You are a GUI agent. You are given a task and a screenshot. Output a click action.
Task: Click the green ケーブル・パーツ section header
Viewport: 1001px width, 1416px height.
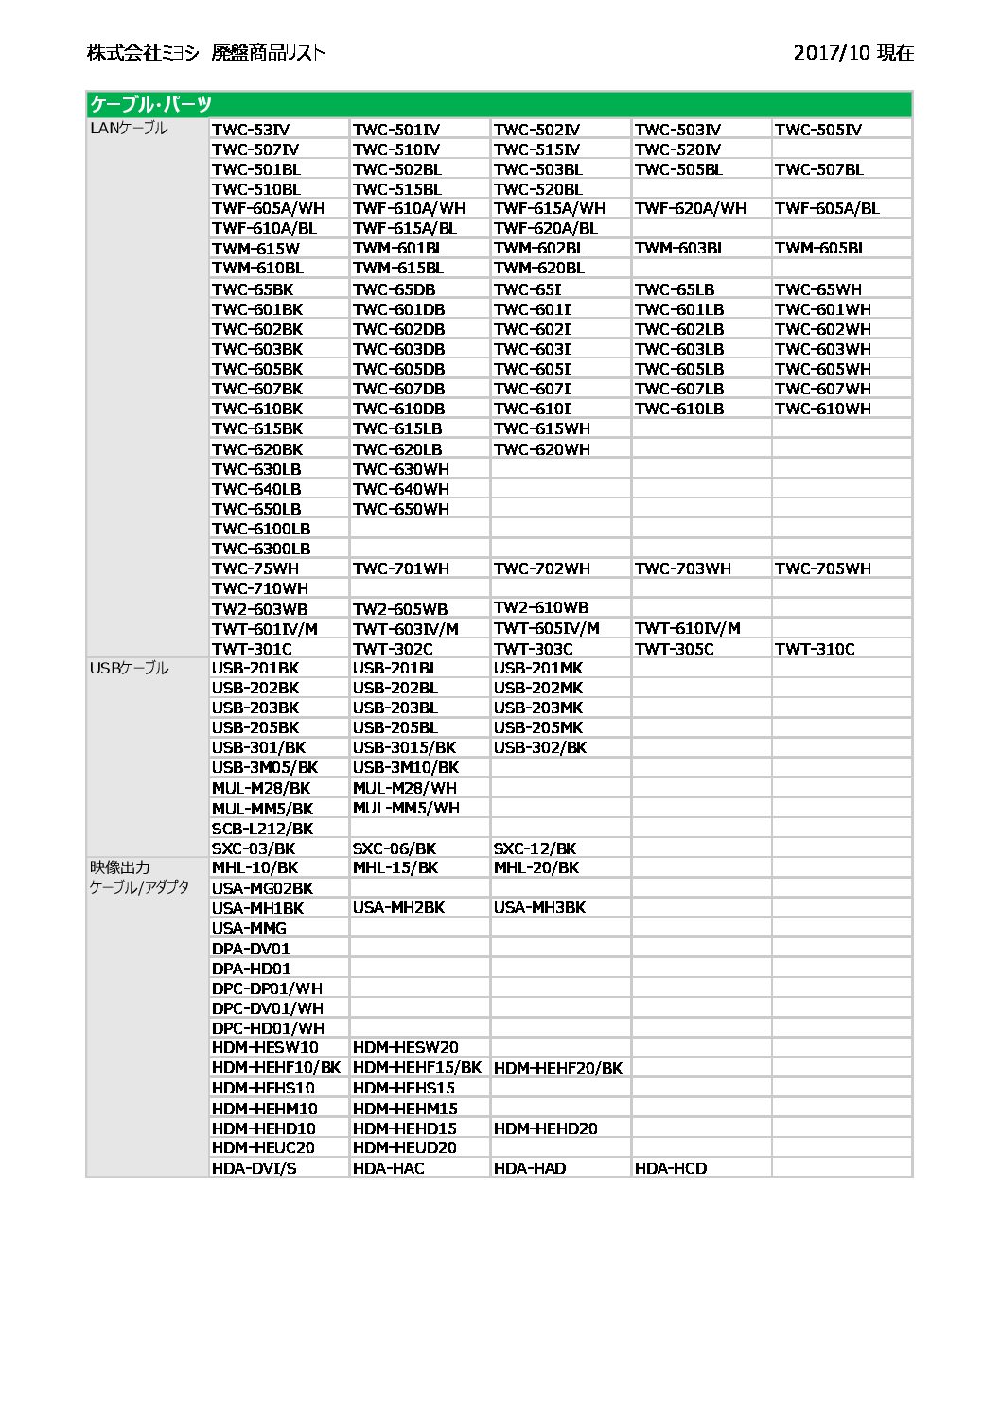click(149, 104)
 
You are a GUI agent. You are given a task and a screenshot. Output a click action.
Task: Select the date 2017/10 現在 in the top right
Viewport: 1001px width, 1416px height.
click(853, 53)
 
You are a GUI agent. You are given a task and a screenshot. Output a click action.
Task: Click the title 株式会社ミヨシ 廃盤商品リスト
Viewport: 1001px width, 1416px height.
click(205, 53)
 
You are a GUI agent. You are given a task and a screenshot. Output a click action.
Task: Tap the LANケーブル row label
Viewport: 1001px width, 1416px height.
click(129, 128)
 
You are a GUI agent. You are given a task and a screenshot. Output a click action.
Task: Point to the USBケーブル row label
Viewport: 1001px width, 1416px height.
click(129, 668)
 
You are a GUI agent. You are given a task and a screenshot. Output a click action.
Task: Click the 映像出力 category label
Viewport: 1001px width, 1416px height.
click(120, 867)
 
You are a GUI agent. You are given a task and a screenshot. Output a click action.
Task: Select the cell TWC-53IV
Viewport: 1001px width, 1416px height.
click(251, 130)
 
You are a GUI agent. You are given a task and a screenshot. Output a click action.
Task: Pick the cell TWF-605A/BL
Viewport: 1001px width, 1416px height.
click(826, 208)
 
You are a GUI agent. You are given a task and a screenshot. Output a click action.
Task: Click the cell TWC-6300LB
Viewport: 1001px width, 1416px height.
click(261, 549)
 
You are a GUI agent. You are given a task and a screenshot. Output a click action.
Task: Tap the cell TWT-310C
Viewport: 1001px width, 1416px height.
click(814, 649)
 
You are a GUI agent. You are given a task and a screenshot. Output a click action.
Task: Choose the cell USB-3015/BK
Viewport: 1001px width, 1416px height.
click(404, 747)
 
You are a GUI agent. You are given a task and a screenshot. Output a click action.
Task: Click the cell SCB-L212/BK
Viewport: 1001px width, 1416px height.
click(262, 829)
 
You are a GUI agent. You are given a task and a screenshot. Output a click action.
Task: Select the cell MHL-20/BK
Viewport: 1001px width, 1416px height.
click(536, 867)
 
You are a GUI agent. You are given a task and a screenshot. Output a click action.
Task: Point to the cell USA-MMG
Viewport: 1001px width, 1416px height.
click(249, 928)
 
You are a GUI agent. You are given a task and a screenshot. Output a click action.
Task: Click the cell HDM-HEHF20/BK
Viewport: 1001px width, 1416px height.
click(558, 1068)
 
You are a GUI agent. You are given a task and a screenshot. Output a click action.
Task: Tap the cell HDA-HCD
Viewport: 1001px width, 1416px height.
click(670, 1168)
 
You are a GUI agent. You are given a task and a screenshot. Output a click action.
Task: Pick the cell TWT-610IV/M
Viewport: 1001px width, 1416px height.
click(687, 628)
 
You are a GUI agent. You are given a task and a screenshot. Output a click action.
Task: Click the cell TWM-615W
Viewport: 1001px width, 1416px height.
click(255, 249)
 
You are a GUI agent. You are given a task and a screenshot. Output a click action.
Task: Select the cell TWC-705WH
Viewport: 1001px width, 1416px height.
click(822, 568)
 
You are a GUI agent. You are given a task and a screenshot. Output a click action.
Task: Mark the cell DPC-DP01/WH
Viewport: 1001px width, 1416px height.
click(267, 988)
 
